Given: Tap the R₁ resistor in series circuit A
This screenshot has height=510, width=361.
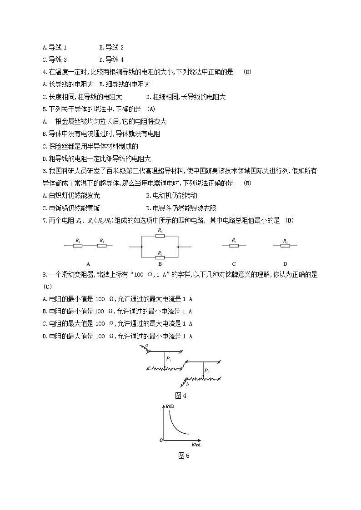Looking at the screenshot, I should tap(78, 246).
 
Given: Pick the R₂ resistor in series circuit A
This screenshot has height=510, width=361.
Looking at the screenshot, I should tap(102, 246).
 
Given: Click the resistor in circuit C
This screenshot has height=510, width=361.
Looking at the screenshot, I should tap(234, 246).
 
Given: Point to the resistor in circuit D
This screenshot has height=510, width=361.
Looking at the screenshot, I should tap(285, 246).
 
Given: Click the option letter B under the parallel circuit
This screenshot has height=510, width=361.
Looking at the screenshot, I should tap(160, 264).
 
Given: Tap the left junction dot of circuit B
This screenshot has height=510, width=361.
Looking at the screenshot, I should tap(142, 247).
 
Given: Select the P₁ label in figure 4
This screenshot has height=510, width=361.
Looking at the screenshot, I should tap(168, 359).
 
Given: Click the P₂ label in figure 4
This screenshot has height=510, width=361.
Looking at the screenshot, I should tap(206, 371).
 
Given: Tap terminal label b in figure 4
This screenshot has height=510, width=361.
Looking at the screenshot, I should tap(187, 385).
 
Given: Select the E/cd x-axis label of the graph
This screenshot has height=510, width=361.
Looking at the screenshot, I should tap(196, 444).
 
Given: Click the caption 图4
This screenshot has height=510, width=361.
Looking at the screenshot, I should tap(180, 396).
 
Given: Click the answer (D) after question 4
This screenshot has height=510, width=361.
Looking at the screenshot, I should tap(247, 72).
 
